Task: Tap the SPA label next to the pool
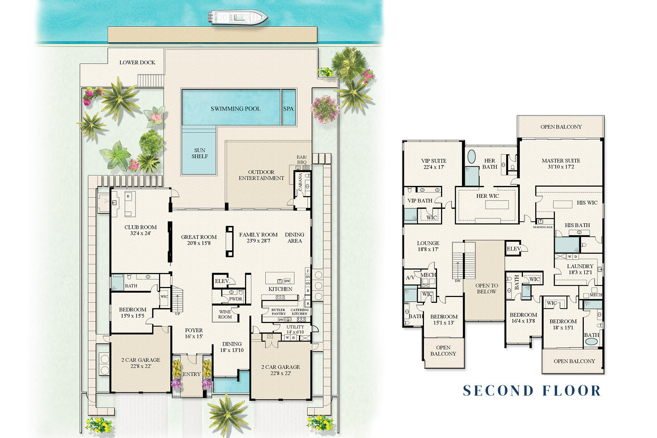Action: (288, 108)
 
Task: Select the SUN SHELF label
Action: (199, 153)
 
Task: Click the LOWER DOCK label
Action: (137, 63)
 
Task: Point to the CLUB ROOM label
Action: (140, 230)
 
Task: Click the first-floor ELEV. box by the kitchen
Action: (222, 281)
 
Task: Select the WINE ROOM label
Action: (225, 314)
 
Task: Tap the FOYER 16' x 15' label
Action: (194, 333)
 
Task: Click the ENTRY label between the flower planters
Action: (192, 374)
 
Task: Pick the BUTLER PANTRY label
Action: (278, 312)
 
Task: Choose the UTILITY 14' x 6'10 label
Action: (295, 329)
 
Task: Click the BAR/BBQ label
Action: (301, 160)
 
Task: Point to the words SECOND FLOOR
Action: (532, 390)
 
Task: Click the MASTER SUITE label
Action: (561, 164)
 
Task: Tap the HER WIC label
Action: (488, 196)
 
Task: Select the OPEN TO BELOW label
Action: (487, 288)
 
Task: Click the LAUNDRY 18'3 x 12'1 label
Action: (580, 269)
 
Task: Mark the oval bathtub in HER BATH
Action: (472, 156)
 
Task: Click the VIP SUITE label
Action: (434, 164)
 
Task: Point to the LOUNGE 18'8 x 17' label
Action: (428, 246)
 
